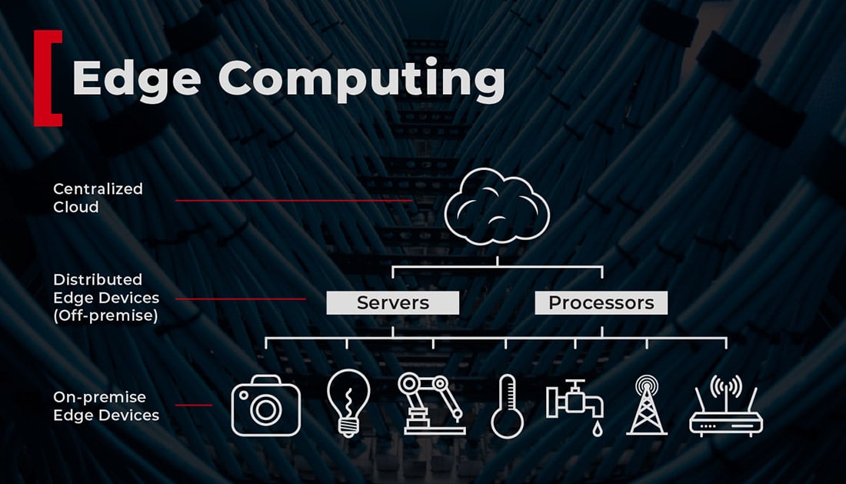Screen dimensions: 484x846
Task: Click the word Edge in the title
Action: (x=135, y=78)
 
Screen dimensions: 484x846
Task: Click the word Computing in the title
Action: (x=361, y=78)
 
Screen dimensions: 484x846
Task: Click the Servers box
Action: (x=392, y=303)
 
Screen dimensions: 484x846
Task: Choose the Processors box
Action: (x=601, y=303)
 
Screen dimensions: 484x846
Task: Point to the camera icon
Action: (x=265, y=406)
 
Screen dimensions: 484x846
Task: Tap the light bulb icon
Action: (x=348, y=402)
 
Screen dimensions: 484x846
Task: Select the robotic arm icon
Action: (x=431, y=404)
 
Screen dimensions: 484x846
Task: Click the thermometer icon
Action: (x=507, y=406)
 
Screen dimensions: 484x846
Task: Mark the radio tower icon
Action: (x=647, y=405)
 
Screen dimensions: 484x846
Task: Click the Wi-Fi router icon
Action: (x=725, y=407)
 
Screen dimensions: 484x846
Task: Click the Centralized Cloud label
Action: (x=98, y=198)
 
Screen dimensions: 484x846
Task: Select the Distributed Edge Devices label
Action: (x=105, y=289)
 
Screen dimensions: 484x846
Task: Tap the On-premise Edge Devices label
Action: (x=105, y=406)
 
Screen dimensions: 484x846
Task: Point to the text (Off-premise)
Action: (x=105, y=315)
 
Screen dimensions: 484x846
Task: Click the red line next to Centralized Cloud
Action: (x=292, y=201)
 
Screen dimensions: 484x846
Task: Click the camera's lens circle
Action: (x=265, y=409)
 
